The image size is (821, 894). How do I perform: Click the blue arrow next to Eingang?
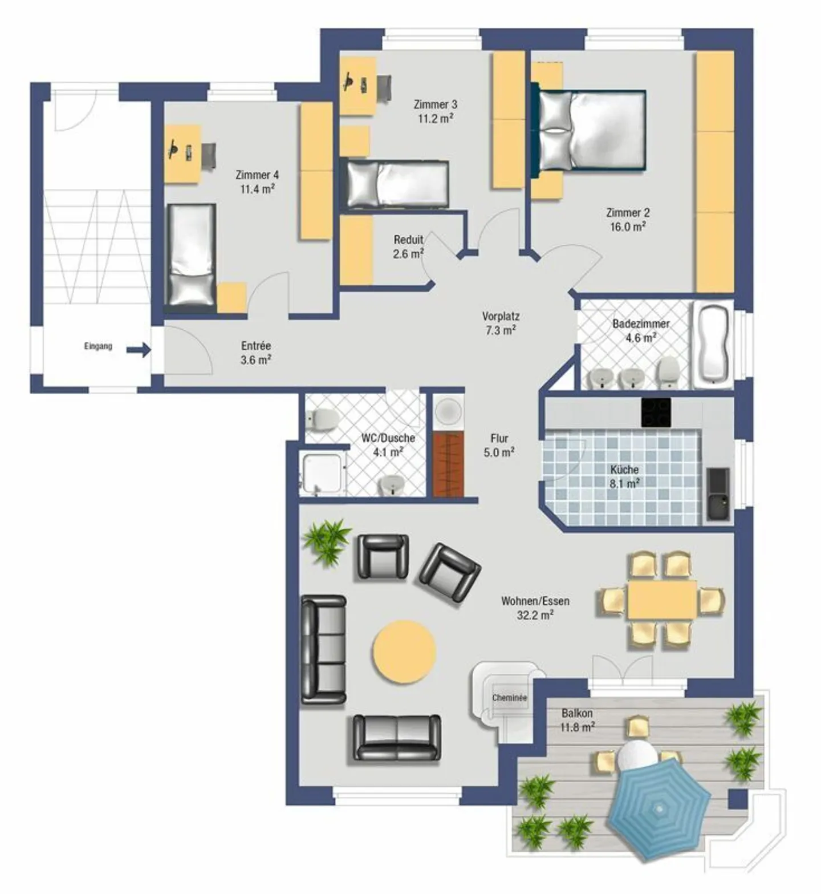point(139,350)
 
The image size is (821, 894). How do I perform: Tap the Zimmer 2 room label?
point(628,213)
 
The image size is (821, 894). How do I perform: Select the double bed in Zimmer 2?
point(590,130)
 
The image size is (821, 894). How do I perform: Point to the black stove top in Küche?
point(656,412)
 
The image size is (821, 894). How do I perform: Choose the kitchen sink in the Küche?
point(718,494)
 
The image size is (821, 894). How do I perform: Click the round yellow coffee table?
point(404,652)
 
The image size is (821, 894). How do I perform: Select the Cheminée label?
point(509,698)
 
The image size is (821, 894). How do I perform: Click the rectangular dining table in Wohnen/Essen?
point(662,600)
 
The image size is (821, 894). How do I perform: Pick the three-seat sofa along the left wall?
point(323,649)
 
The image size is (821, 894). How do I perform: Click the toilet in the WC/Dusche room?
point(322,419)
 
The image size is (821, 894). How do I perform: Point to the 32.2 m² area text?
point(535,616)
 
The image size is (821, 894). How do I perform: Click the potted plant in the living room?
point(327,541)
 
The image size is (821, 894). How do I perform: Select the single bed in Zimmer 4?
point(190,255)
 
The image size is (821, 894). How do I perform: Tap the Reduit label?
point(408,240)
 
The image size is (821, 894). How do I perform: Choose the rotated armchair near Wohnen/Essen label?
point(450,573)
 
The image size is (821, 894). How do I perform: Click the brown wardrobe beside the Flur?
point(448,463)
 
